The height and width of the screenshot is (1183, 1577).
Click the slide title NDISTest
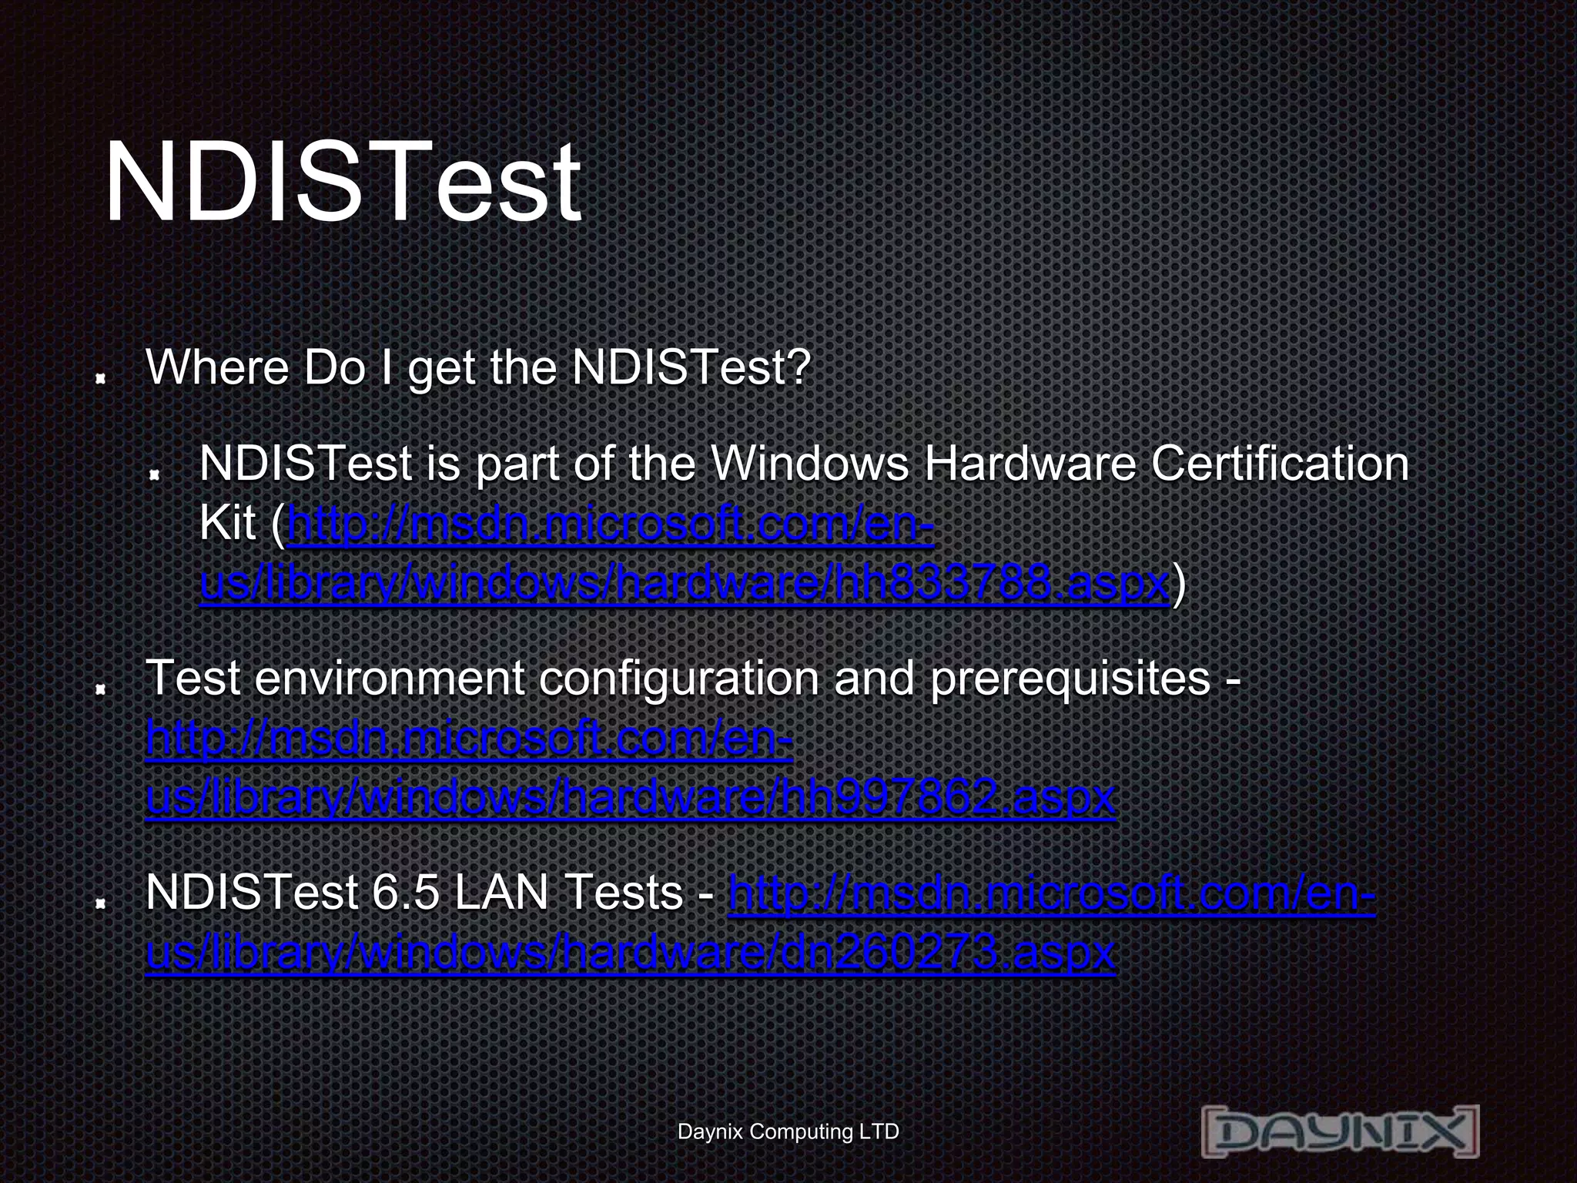pyautogui.click(x=343, y=183)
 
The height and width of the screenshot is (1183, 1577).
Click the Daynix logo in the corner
pyautogui.click(x=1340, y=1131)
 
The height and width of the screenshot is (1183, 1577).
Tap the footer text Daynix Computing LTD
pyautogui.click(x=788, y=1131)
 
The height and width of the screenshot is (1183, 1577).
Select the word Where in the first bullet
pyautogui.click(x=216, y=367)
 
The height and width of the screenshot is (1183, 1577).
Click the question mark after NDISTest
pyautogui.click(x=799, y=367)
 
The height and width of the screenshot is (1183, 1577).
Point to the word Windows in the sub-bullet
pyautogui.click(x=809, y=464)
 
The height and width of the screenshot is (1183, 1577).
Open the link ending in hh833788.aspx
pyautogui.click(x=684, y=583)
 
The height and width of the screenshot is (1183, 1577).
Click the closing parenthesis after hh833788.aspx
pyautogui.click(x=1178, y=585)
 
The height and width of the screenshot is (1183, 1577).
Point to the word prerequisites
pyautogui.click(x=1070, y=679)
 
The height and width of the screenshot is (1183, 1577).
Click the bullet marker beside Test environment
pyautogui.click(x=100, y=689)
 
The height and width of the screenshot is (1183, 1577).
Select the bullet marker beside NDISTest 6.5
pyautogui.click(x=100, y=903)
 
